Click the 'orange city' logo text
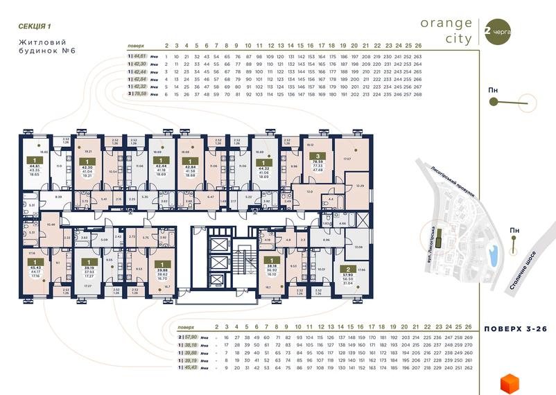pos(446,31)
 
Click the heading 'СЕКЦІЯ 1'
pos(35,26)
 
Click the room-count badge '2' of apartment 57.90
pos(347,268)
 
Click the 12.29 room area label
pos(360,186)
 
